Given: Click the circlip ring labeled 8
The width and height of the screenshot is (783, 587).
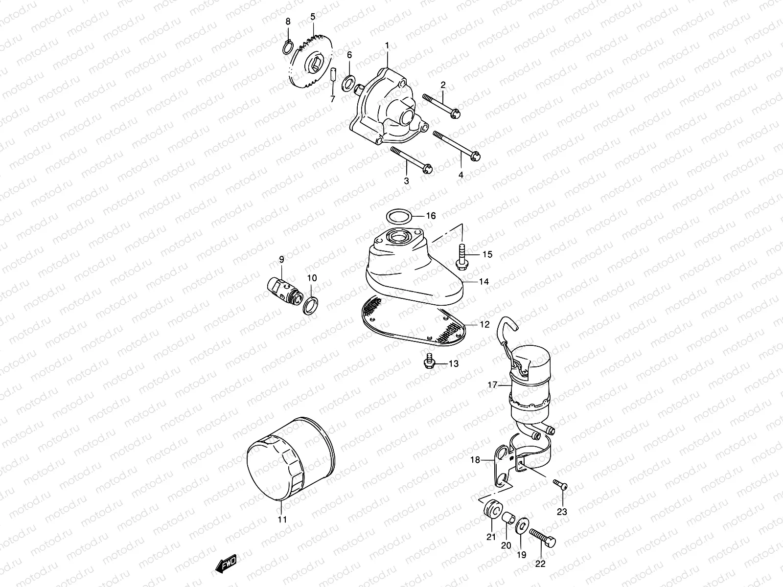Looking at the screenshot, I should click(289, 47).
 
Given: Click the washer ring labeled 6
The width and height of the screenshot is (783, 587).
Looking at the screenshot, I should click(348, 83).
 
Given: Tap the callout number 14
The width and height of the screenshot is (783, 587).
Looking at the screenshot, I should click(484, 282).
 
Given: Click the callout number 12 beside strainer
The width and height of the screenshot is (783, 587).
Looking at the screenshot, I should click(484, 324).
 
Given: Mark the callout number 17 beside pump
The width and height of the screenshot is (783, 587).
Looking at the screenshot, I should click(492, 385).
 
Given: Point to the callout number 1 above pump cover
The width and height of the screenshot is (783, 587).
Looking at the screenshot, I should click(387, 45).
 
